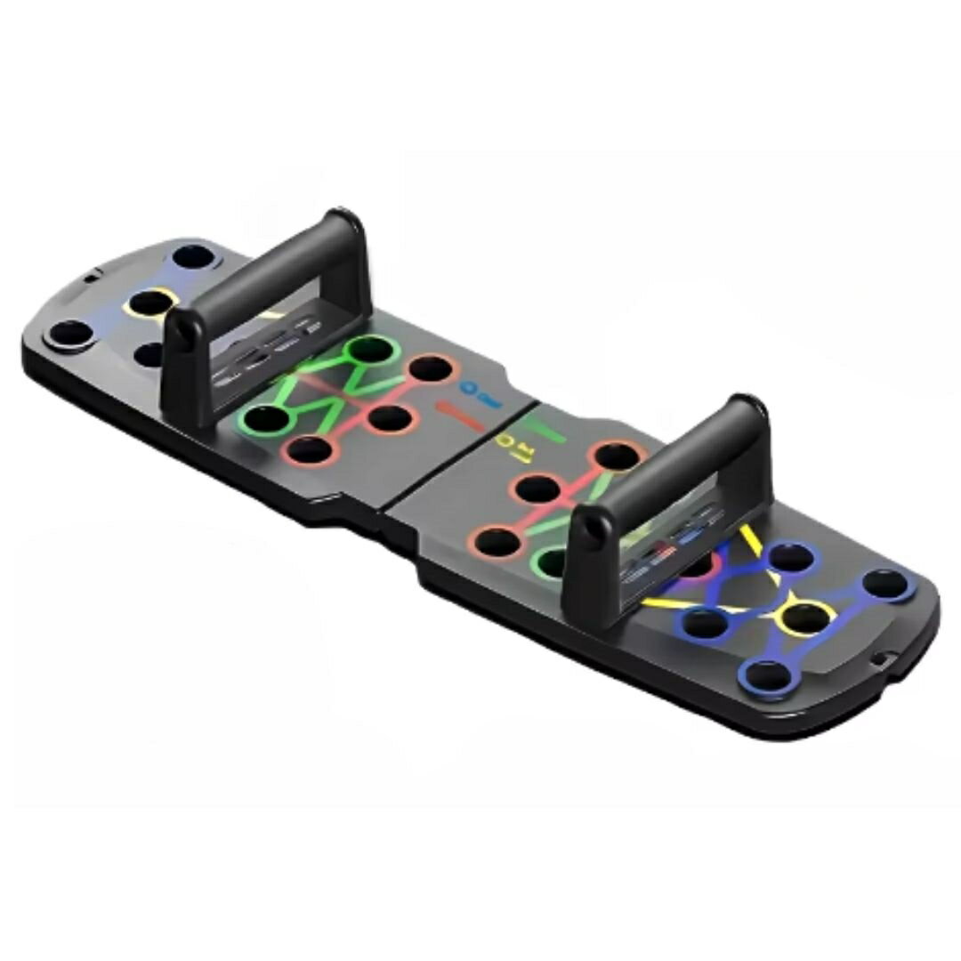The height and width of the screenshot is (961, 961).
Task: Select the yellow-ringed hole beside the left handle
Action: (149, 303)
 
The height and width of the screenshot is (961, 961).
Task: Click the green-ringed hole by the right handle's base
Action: (553, 563)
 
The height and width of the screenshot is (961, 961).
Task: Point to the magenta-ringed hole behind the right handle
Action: (699, 563)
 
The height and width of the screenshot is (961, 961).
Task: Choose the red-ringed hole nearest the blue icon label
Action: (432, 367)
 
